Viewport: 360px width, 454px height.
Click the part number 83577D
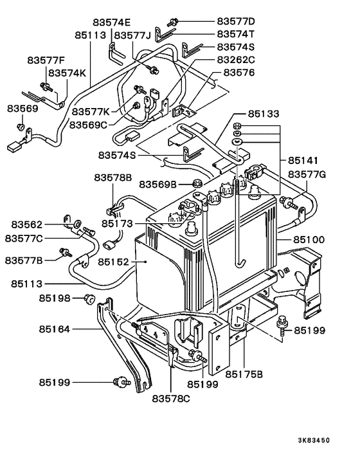(x=235, y=21)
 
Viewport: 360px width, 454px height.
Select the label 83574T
(x=235, y=34)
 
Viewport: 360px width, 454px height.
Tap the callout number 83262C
(x=235, y=60)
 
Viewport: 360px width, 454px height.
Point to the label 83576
(x=239, y=73)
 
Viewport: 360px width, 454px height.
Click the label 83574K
(x=67, y=73)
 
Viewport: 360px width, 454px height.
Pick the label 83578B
(x=113, y=177)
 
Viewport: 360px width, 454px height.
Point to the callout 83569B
(x=157, y=185)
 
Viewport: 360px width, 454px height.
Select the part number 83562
(x=27, y=224)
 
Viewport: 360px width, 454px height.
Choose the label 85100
(x=309, y=240)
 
